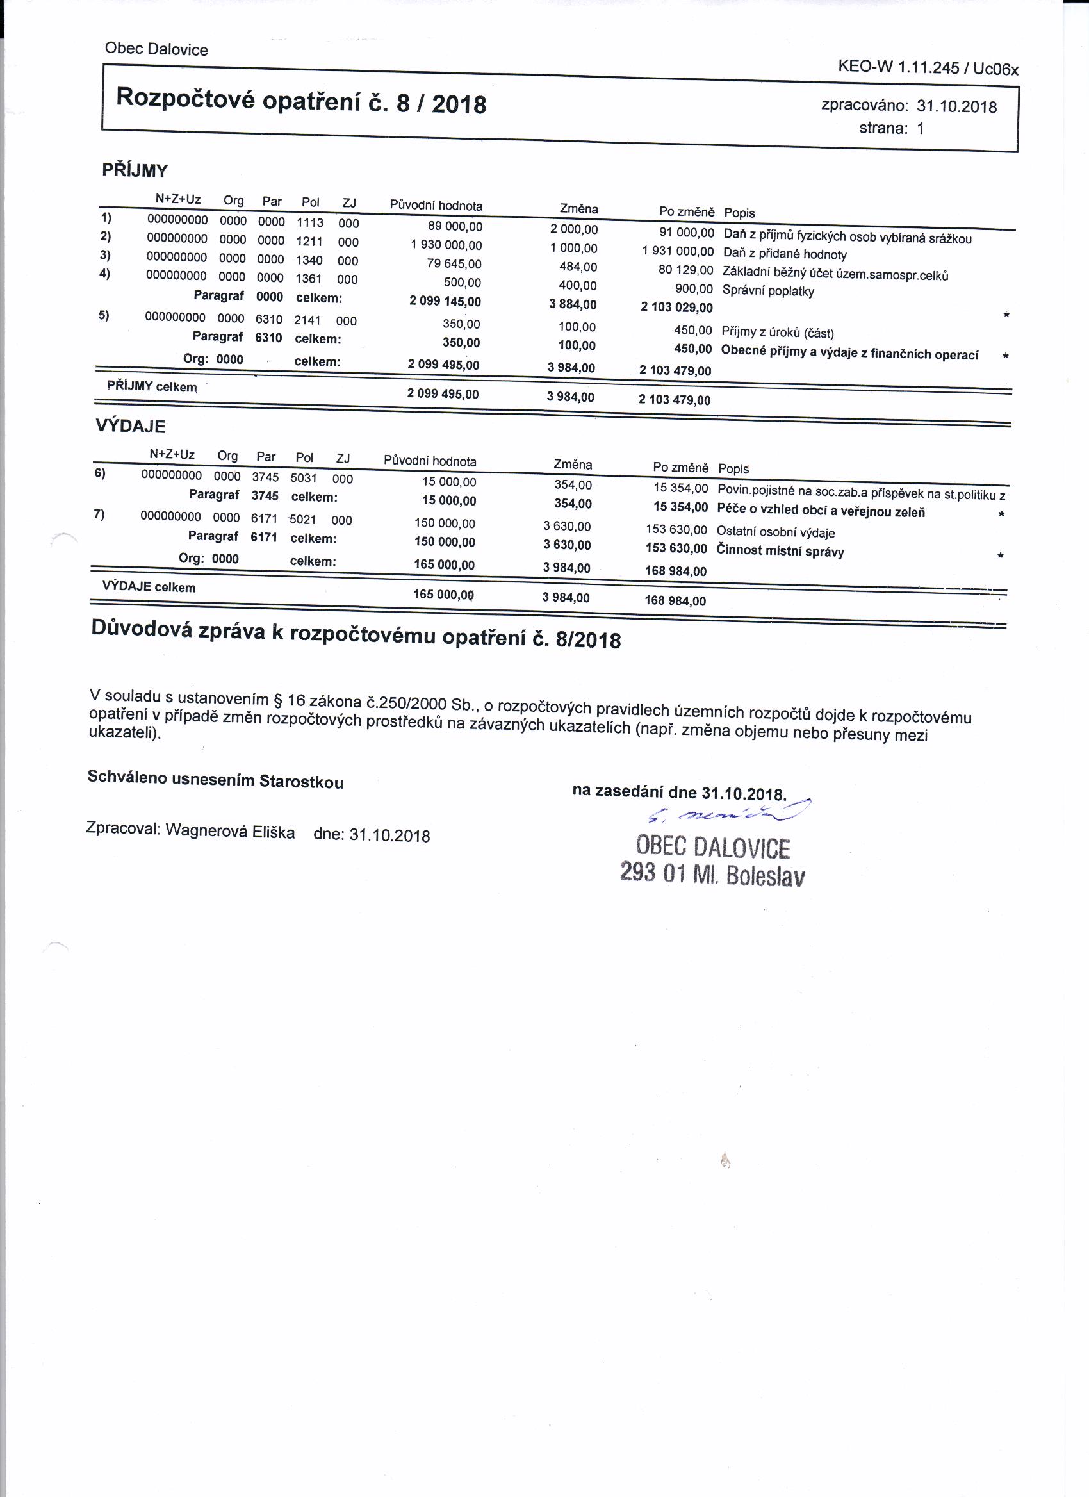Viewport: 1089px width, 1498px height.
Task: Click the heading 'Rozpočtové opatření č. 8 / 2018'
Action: point(301,101)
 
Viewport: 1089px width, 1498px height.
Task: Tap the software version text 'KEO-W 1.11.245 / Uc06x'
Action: point(927,67)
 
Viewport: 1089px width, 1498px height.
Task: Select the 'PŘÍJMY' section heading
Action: point(135,170)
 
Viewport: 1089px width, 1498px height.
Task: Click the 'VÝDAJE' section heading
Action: point(130,426)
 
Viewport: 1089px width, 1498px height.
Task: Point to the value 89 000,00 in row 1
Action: point(455,227)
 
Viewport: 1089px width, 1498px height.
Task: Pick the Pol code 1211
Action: point(309,241)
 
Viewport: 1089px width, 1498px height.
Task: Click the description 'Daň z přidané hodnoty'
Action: point(785,254)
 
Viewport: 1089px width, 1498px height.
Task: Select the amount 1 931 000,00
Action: point(678,251)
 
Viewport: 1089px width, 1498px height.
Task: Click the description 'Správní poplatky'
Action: point(768,291)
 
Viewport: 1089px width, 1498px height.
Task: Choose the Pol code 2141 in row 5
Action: point(307,320)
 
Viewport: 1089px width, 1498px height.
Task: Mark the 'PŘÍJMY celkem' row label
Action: point(152,386)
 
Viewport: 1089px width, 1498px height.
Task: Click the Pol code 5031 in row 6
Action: point(304,478)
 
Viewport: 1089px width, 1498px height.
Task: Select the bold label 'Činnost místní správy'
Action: point(780,551)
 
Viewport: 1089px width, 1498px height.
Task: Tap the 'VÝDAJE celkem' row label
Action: point(149,586)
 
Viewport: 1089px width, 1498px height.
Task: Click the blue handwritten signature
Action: point(729,812)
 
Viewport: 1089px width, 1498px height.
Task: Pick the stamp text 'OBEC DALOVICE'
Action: point(712,848)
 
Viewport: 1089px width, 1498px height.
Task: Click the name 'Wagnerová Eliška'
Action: point(230,831)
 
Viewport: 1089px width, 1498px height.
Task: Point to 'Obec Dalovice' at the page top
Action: point(156,49)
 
